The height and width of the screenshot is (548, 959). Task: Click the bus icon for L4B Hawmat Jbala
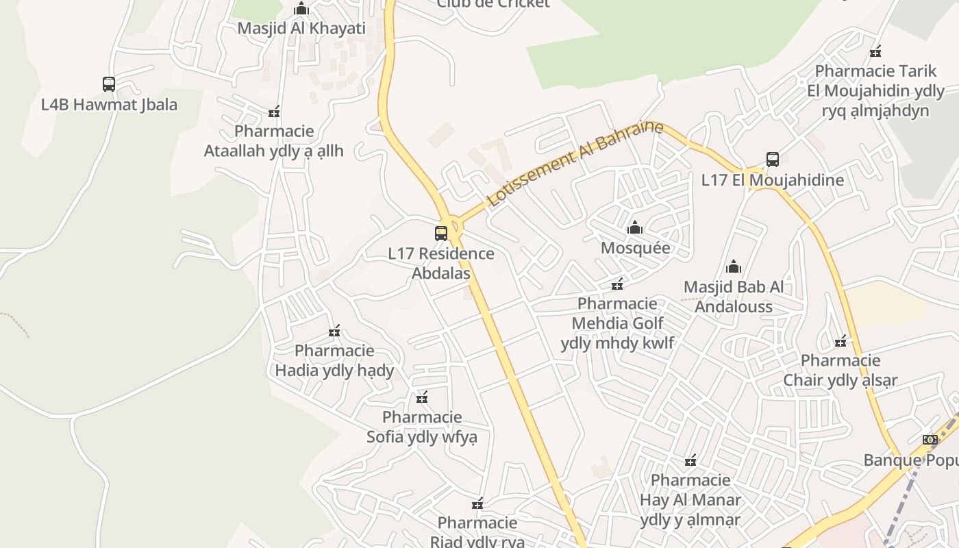(x=109, y=84)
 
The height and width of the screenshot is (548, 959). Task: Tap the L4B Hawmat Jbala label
(x=109, y=105)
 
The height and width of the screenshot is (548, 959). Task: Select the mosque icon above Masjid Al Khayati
(x=301, y=9)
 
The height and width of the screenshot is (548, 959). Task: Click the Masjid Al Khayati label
(x=301, y=29)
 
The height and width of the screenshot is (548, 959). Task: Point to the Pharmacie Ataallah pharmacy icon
(x=274, y=112)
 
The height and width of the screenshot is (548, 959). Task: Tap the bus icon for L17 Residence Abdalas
(x=441, y=234)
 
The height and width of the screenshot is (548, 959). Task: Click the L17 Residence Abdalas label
(x=441, y=263)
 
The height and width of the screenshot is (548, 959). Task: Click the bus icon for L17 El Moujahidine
(x=773, y=160)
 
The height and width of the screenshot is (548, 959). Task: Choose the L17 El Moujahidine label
(x=773, y=181)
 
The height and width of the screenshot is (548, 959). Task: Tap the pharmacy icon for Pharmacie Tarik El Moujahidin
(x=875, y=51)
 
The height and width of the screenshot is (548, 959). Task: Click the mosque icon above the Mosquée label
(x=635, y=227)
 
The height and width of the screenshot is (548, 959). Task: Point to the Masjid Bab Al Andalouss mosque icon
(x=734, y=266)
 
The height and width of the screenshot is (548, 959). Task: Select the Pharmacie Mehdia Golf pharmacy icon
(x=617, y=284)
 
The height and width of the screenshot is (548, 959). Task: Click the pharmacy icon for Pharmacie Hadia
(x=334, y=332)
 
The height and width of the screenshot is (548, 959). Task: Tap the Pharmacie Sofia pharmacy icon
(x=422, y=397)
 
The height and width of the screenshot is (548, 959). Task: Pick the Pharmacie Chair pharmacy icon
(x=840, y=341)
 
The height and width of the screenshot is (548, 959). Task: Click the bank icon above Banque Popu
(x=930, y=440)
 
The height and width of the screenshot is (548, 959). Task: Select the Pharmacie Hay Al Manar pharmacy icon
(x=690, y=460)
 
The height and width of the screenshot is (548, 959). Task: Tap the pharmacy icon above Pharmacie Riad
(x=477, y=504)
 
